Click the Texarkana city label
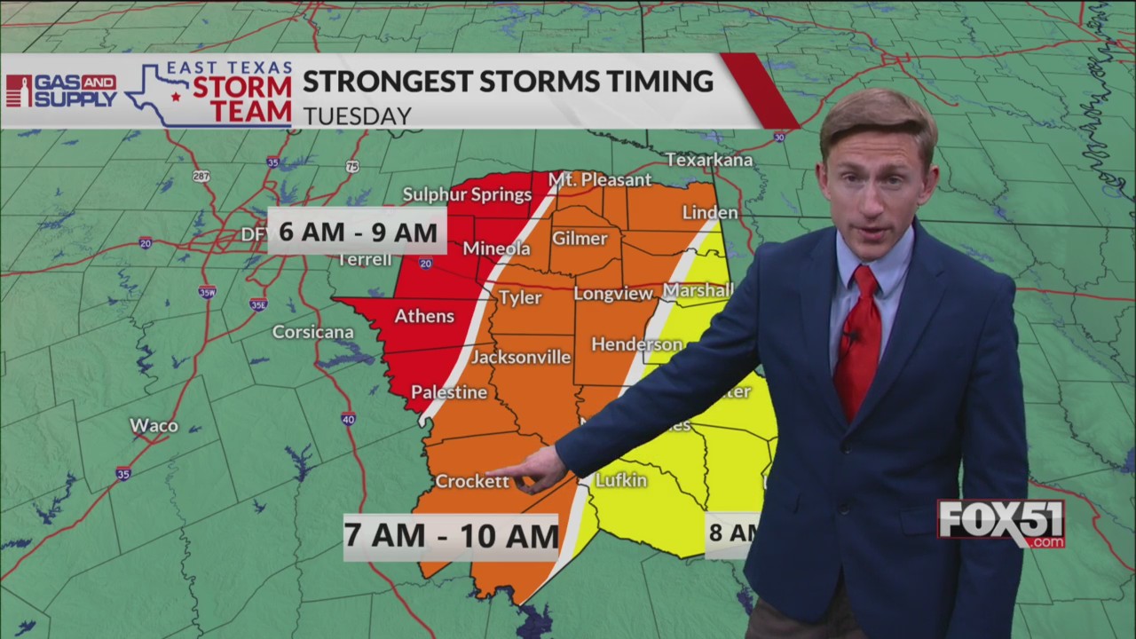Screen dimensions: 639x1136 (709, 160)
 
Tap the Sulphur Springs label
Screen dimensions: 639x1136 (467, 194)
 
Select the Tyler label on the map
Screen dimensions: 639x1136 (519, 297)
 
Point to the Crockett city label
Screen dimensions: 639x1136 (472, 481)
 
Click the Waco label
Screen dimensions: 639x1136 (154, 425)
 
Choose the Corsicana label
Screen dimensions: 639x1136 (312, 332)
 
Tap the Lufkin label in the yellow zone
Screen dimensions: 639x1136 (620, 480)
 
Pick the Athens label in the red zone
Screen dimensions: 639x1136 (424, 316)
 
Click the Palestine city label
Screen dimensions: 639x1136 (449, 391)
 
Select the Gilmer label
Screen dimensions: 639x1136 (580, 238)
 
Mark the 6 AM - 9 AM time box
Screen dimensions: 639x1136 (358, 233)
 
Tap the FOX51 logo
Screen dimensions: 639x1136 (1001, 524)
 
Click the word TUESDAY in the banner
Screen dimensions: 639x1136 (357, 116)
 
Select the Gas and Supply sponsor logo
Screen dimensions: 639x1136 (60, 91)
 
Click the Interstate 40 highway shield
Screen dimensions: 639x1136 (348, 419)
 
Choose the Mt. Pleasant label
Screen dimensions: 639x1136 (600, 179)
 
